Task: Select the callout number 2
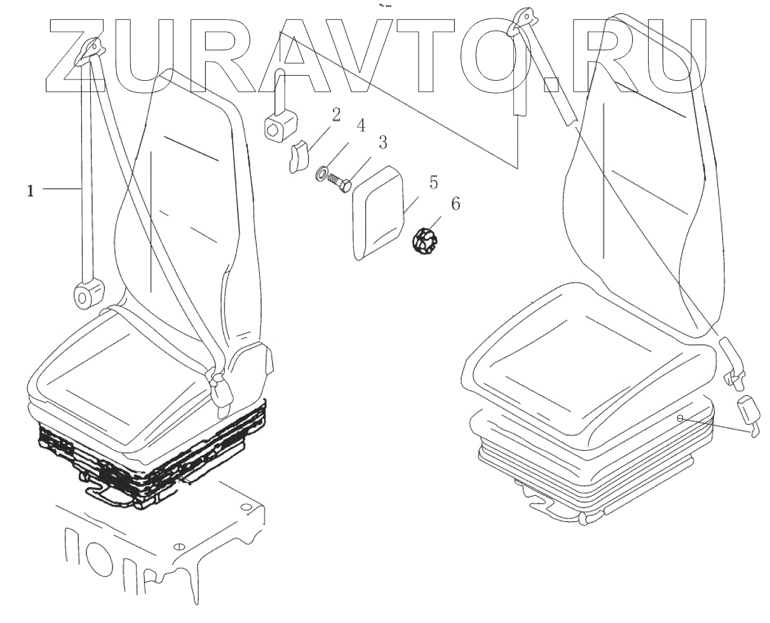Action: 335,115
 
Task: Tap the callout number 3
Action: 383,142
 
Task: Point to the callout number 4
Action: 360,125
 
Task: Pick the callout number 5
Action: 433,183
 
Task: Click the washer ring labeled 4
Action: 321,172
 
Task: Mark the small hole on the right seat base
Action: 680,418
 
